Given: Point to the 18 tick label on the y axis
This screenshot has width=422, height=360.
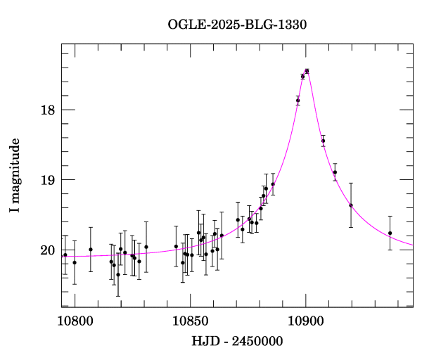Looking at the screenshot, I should [x=48, y=110].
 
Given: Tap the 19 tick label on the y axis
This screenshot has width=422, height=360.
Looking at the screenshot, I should [x=48, y=180].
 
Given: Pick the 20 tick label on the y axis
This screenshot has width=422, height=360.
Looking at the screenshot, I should [x=48, y=250].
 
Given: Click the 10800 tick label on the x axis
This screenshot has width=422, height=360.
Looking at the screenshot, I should [x=75, y=321].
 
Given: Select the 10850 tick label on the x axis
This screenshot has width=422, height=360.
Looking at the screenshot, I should [x=191, y=321].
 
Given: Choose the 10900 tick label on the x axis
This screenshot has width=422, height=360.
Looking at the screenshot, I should [x=306, y=321].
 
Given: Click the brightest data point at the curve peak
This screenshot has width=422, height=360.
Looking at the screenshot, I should [x=307, y=71].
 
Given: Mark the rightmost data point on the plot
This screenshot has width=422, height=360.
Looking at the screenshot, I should [x=390, y=233].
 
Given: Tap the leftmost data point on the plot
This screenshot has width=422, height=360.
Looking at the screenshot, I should [x=65, y=255].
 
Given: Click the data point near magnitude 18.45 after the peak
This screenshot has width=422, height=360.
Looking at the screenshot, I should [x=323, y=141].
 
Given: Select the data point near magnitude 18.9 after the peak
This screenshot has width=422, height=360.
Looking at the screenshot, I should [x=335, y=172].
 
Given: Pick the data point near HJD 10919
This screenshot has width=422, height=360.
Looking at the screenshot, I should [x=351, y=205].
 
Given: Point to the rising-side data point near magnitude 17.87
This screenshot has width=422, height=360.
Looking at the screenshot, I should [x=298, y=101].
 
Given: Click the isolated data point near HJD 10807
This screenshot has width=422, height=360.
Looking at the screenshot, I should [x=91, y=249].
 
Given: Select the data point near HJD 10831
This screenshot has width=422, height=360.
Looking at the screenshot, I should [x=146, y=247].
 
